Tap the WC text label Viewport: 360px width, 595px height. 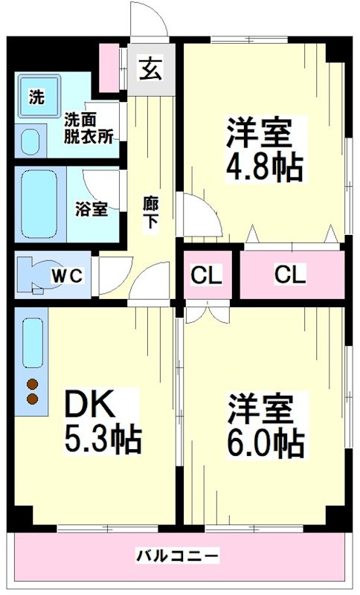(x=66, y=275)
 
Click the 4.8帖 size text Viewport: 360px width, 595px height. (x=264, y=168)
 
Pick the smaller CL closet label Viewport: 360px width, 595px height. (x=206, y=274)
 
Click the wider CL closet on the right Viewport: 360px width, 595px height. (x=289, y=274)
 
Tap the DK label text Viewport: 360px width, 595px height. (x=89, y=405)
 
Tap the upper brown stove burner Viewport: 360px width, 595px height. (x=33, y=385)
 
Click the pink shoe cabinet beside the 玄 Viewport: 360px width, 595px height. (x=110, y=66)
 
